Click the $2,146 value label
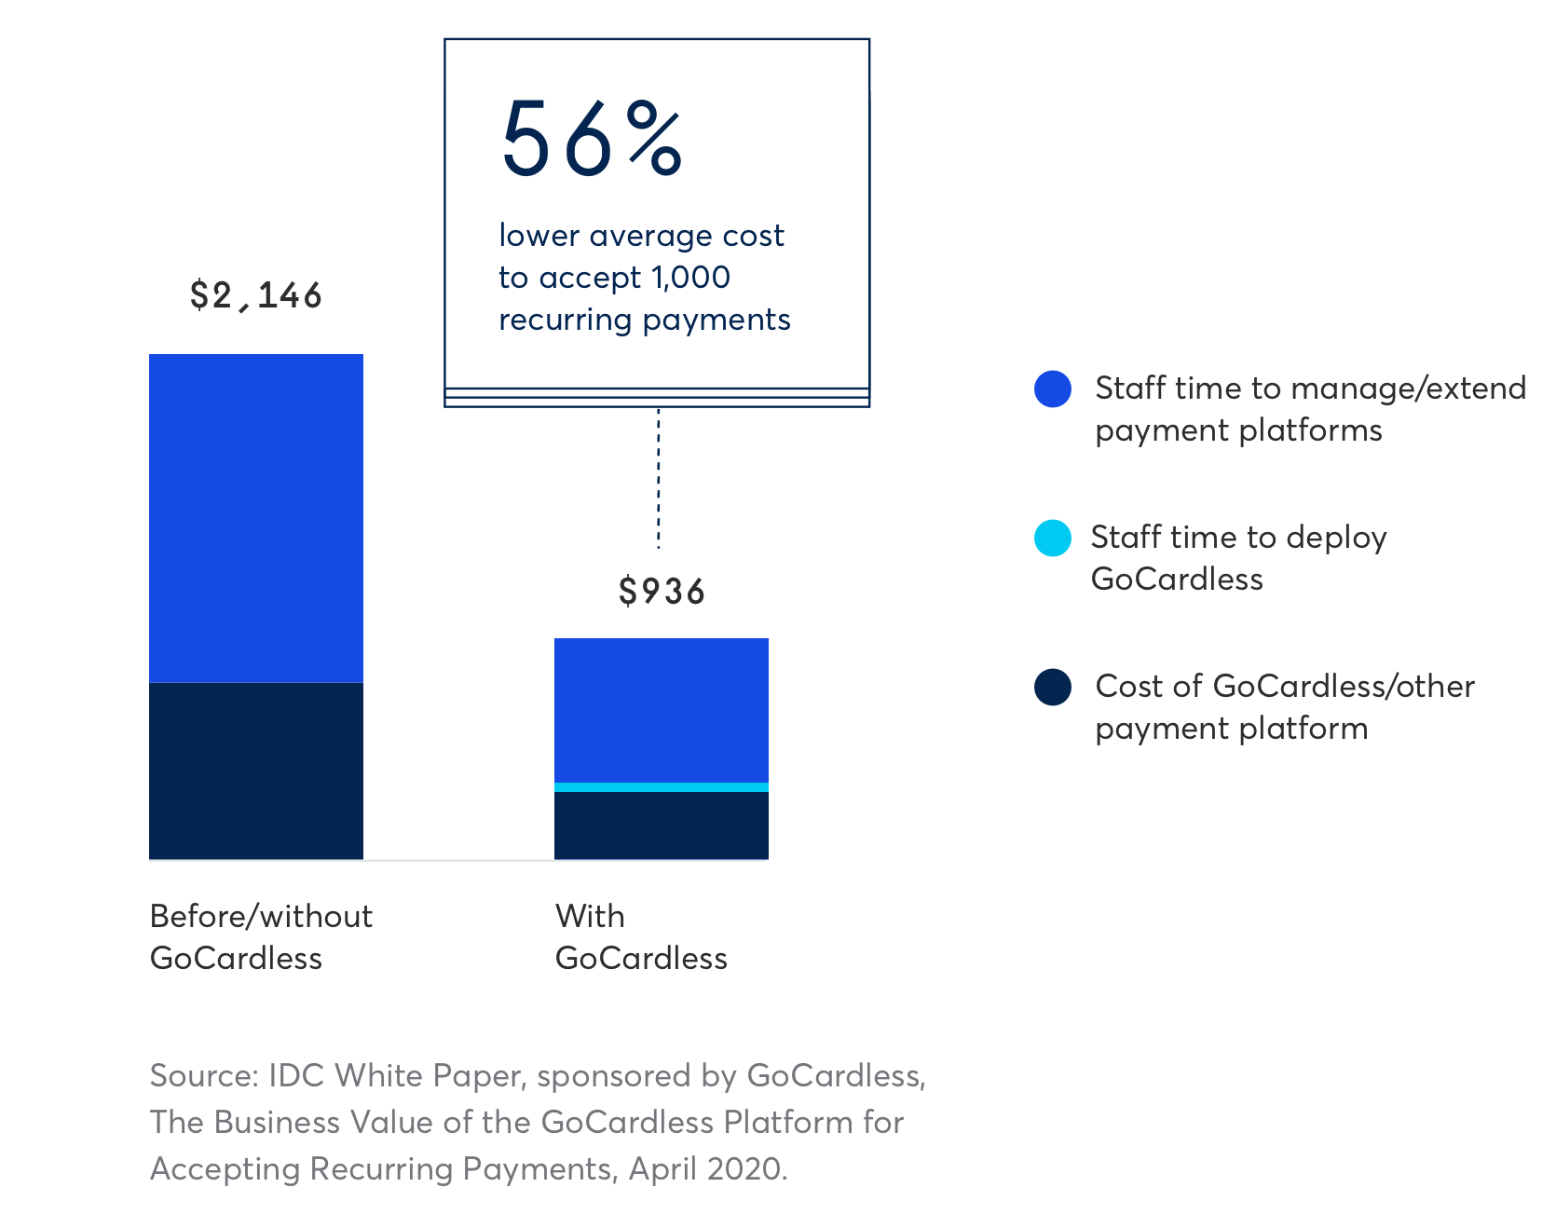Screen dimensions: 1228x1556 click(255, 295)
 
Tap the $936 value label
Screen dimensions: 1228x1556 click(662, 592)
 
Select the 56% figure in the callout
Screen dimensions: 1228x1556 click(593, 140)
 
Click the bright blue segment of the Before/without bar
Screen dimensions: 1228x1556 click(256, 518)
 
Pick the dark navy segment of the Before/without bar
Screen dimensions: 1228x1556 click(256, 771)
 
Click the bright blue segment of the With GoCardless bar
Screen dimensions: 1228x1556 click(662, 710)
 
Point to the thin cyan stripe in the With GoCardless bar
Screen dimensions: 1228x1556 click(662, 787)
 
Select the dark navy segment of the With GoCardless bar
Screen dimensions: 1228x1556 click(662, 825)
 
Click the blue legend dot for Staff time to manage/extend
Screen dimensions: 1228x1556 click(1053, 389)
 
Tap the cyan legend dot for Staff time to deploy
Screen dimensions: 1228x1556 click(1053, 538)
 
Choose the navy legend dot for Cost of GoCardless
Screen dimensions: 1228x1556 click(1053, 687)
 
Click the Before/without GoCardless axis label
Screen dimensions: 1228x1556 click(261, 936)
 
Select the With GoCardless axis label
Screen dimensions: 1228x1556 click(641, 936)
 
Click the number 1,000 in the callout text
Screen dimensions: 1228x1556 click(690, 278)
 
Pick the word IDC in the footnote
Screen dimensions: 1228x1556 click(298, 1076)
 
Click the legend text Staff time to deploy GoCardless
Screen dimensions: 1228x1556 click(1238, 557)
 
